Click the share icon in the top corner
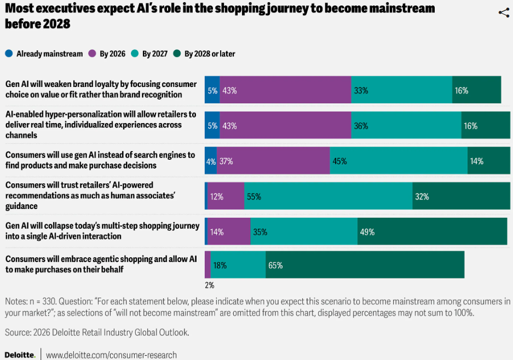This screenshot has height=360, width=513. [x=504, y=13]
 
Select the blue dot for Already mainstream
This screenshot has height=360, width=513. [x=9, y=54]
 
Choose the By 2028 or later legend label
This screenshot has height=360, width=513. [x=210, y=54]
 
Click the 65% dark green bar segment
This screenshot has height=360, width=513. [x=365, y=265]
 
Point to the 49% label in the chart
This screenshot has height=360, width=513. [x=367, y=232]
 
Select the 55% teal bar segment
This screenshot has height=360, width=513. [x=328, y=196]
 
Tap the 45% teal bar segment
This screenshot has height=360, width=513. [x=399, y=161]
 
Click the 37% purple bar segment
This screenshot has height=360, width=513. [x=273, y=161]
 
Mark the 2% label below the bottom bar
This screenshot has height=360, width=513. [x=209, y=285]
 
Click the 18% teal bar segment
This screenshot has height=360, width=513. [x=238, y=265]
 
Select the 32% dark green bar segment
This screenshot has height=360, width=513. [x=461, y=196]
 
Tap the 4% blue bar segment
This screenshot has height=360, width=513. [x=211, y=161]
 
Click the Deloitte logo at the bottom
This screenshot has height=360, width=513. [x=20, y=355]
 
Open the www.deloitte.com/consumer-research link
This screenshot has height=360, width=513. [x=111, y=355]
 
